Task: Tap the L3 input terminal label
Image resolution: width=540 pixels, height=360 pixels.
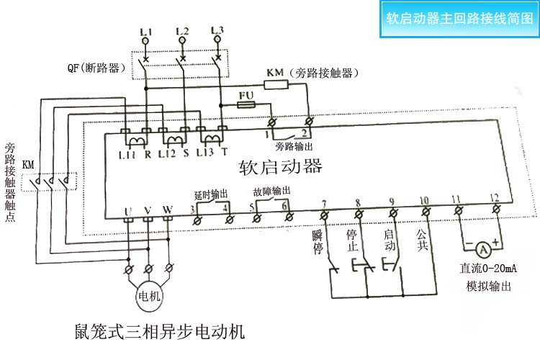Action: pyautogui.click(x=217, y=30)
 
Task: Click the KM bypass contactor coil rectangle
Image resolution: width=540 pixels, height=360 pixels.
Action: pyautogui.click(x=277, y=84)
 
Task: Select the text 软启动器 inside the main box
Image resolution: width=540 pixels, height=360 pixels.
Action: pyautogui.click(x=279, y=168)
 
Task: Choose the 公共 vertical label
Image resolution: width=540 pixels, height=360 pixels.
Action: pyautogui.click(x=422, y=240)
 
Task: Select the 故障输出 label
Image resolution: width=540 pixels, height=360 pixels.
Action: pyautogui.click(x=271, y=192)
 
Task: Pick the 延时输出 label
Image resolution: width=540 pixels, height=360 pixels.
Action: pyautogui.click(x=211, y=194)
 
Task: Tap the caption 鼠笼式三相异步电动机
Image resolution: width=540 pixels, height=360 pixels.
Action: pyautogui.click(x=159, y=332)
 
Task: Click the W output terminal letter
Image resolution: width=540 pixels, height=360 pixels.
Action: pyautogui.click(x=168, y=210)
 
